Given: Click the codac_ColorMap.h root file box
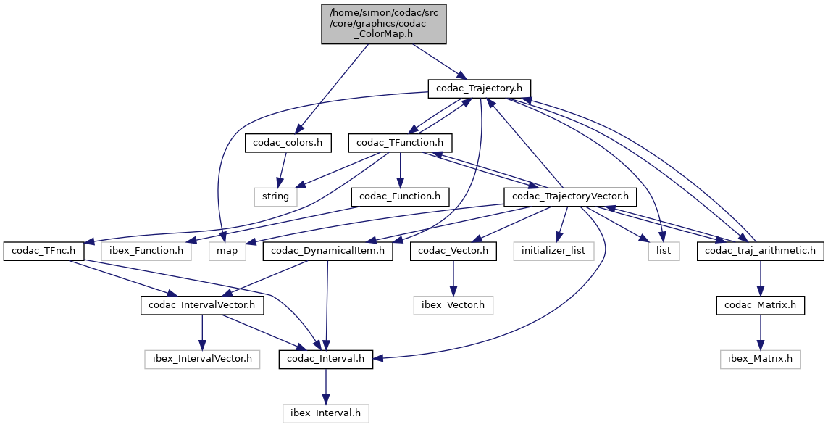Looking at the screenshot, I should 384,22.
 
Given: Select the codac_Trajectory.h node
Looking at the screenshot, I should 480,88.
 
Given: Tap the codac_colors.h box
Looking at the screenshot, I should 288,143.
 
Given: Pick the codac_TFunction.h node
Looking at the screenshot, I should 401,143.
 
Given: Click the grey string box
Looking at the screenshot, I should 275,196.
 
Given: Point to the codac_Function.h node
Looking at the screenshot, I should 400,196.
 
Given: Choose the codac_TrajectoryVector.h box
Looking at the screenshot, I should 570,196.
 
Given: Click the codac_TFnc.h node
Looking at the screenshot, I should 44,251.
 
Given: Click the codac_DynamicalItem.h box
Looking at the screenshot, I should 327,251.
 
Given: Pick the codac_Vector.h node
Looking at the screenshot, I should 453,251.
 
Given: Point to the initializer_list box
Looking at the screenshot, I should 554,251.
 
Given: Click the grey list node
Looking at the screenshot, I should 664,251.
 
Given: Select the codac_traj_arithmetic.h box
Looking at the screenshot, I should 761,251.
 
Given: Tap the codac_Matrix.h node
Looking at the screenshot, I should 761,305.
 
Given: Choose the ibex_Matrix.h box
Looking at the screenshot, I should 761,359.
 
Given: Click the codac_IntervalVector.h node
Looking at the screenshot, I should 202,305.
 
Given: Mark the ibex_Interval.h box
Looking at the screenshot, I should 326,413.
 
